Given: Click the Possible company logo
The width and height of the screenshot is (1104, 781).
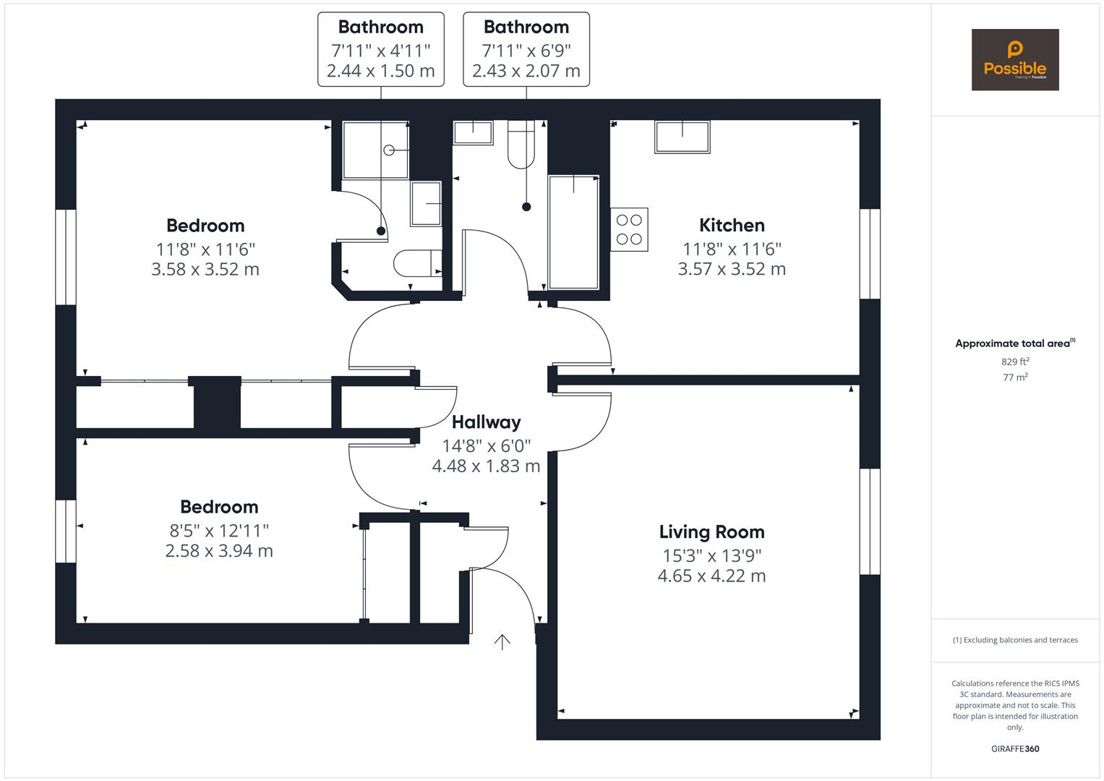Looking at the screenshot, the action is (1015, 59).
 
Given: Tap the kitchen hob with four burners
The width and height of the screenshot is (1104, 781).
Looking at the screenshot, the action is (630, 230).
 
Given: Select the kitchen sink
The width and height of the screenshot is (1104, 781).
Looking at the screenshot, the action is (682, 137).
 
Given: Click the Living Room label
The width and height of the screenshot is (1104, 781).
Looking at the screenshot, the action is (711, 532).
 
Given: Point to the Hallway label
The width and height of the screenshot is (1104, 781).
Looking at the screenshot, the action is (486, 422).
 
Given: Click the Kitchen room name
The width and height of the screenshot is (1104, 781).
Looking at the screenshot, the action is (732, 226).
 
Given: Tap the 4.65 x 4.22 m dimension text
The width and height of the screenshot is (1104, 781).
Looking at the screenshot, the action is (711, 576).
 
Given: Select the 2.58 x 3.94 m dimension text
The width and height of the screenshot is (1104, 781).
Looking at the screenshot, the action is (219, 551).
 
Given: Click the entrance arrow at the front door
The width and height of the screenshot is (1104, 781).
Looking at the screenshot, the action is (502, 642).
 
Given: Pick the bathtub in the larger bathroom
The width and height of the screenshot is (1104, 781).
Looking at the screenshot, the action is (573, 232).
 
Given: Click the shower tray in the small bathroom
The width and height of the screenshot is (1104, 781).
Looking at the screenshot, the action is (375, 150).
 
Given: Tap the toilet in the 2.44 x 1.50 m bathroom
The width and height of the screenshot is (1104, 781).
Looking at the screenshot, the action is (417, 263).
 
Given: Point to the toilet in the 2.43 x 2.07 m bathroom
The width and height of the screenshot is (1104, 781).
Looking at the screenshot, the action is (521, 145).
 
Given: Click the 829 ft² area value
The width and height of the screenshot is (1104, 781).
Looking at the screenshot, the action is (1015, 362).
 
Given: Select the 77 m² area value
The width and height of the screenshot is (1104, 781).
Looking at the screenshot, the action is (1015, 377).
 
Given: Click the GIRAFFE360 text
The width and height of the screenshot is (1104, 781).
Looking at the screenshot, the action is (1015, 749).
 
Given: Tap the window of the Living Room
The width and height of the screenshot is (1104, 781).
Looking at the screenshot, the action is (870, 521).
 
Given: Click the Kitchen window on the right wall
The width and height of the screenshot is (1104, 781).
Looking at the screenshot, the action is (870, 254).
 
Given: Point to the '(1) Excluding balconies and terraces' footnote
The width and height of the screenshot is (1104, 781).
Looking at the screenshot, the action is (1015, 640).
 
